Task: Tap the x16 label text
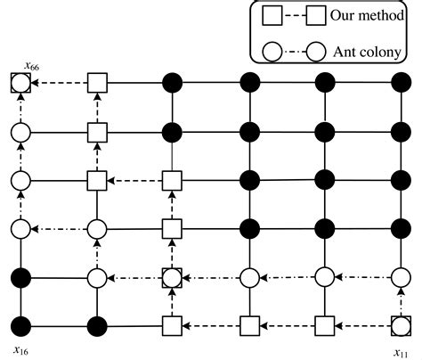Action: (20, 349)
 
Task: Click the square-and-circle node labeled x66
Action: (20, 85)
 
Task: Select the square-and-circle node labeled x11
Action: (402, 323)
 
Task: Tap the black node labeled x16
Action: (20, 323)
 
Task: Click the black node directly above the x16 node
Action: (20, 276)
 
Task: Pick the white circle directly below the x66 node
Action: (20, 133)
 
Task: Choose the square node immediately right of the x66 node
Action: (97, 85)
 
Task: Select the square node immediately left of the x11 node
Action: (326, 323)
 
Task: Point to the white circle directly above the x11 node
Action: (402, 276)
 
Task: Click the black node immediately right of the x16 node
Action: (97, 323)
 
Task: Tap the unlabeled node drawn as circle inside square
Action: (173, 276)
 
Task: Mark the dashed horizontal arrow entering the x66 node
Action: (59, 85)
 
